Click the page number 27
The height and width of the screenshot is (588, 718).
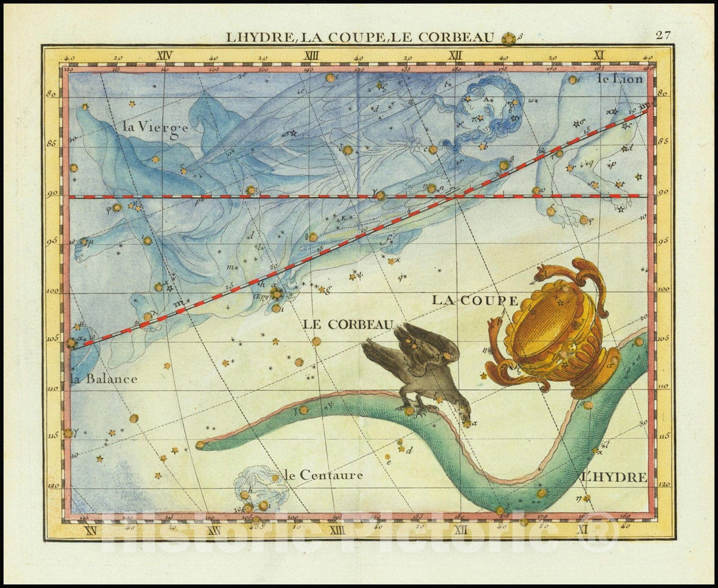point(662,36)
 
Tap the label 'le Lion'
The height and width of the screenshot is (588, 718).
point(620,78)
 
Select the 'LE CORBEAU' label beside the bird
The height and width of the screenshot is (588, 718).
point(348,325)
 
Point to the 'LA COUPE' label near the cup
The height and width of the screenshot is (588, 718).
point(475,300)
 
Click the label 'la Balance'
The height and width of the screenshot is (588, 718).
point(104,379)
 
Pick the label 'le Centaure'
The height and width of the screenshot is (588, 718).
point(323,475)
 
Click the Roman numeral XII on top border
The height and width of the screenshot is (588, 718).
point(455,56)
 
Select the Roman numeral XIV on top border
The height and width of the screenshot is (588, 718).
point(164,56)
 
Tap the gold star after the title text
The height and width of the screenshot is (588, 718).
point(509,39)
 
